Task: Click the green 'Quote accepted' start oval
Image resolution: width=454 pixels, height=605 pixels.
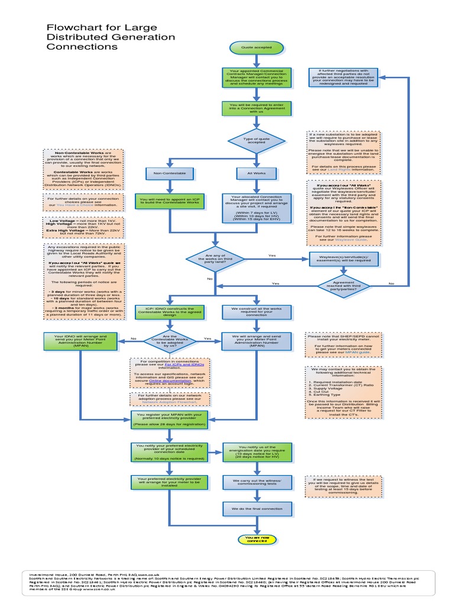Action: [256, 47]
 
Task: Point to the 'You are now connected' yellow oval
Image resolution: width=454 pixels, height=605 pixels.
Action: [256, 538]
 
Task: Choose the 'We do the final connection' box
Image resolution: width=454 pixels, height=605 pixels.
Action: [256, 508]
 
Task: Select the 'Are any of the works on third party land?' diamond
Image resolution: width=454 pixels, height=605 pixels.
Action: [210, 259]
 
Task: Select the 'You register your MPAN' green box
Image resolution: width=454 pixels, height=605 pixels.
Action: [169, 419]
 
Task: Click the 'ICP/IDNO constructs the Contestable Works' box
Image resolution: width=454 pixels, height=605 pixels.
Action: [169, 311]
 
